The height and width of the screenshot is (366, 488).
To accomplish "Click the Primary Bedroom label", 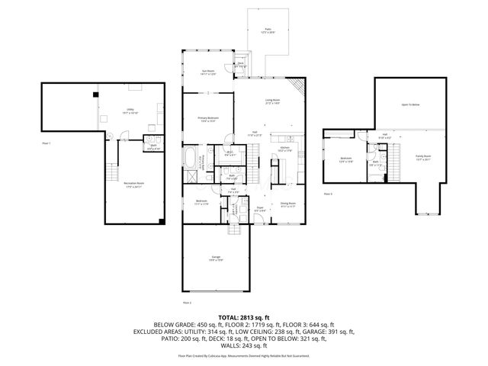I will click(207, 119).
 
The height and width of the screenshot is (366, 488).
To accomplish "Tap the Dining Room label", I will click(287, 204).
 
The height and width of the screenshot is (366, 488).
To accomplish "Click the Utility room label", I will click(130, 111).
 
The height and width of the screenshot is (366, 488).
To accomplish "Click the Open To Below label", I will click(411, 104).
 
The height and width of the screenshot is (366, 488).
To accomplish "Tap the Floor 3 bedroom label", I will click(345, 159).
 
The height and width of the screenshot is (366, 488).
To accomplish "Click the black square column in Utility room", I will click(95, 95).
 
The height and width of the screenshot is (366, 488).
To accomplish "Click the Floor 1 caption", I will click(47, 143).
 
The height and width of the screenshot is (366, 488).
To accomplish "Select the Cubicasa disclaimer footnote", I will click(243, 355).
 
